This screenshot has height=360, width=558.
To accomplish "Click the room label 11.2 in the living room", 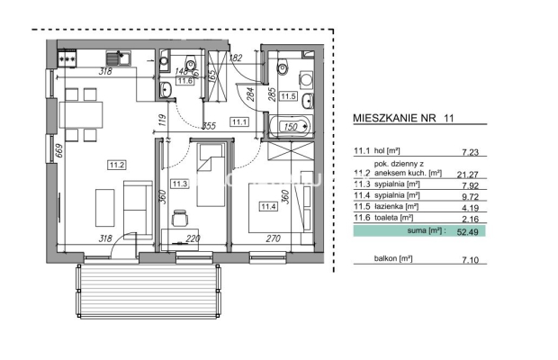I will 117,165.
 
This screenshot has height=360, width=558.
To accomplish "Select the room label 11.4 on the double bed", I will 269,206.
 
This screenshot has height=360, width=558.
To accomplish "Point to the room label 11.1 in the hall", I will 239,121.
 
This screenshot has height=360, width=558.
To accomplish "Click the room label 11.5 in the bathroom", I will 288,95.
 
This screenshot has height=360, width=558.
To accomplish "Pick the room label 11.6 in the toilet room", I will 185,81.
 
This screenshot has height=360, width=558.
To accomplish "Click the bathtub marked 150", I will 290,128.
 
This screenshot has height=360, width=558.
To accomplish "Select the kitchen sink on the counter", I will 129,58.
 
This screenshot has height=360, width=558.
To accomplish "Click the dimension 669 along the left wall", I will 58,149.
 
